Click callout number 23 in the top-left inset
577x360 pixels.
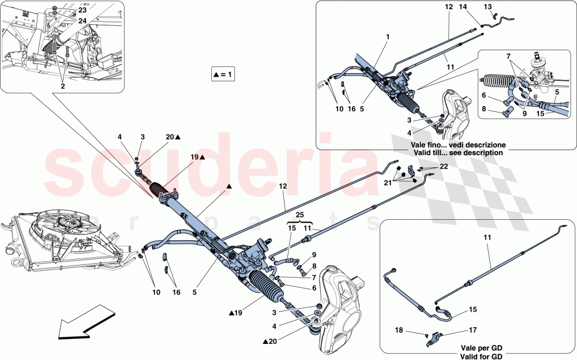click(83, 10)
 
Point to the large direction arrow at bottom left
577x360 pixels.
click(81, 326)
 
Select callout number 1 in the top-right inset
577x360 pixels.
click(388, 37)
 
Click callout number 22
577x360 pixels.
click(443, 166)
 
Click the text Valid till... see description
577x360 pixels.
click(456, 153)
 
